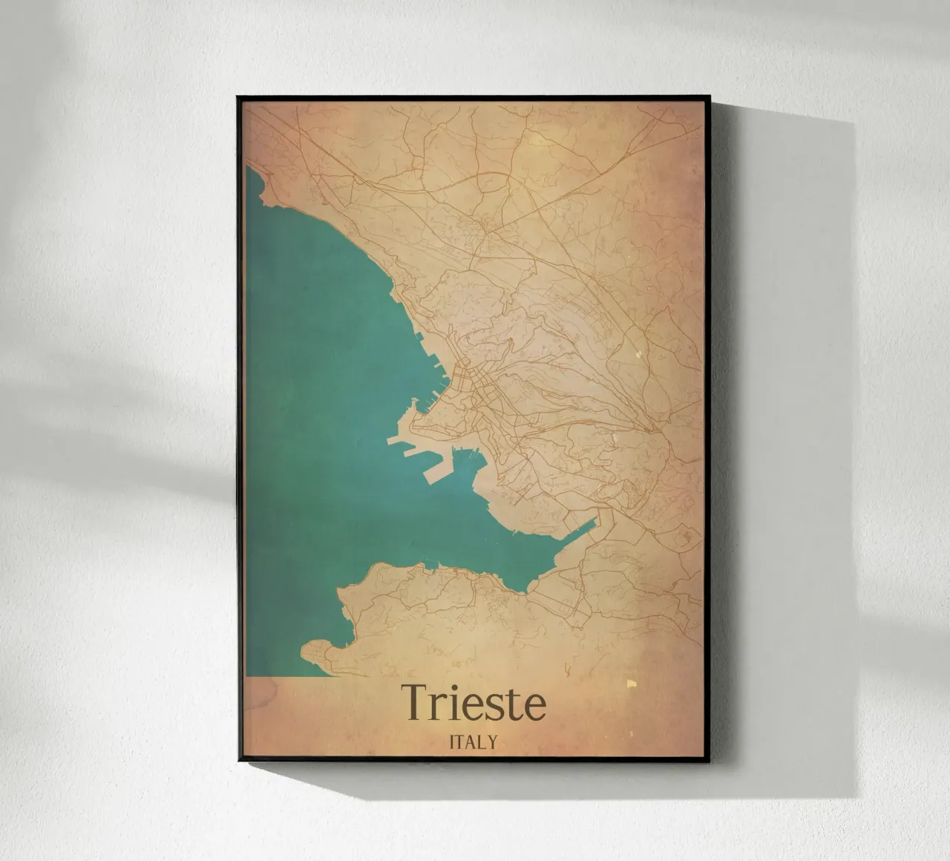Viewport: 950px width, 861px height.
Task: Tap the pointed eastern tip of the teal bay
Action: pyautogui.click(x=597, y=519)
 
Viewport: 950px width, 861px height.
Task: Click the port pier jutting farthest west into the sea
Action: pyautogui.click(x=390, y=442)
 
